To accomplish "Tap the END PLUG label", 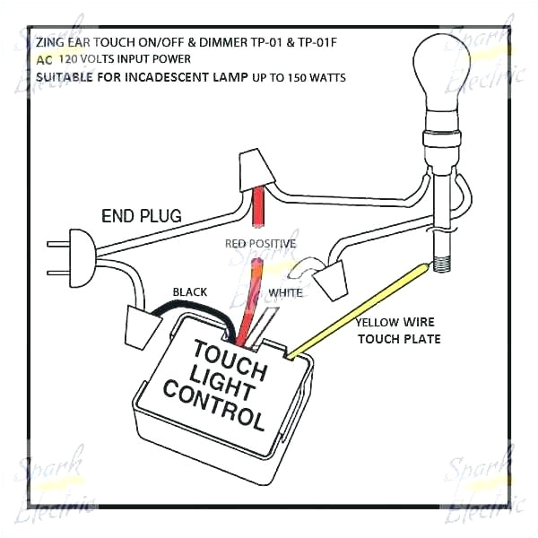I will coord(142,215).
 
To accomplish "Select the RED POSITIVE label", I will coord(261,243).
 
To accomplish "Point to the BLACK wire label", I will coord(189,292).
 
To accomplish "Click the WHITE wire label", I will coord(285,292).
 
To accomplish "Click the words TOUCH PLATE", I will coord(399,339).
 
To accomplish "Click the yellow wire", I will coord(359,305).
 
